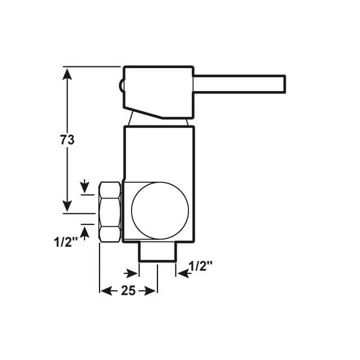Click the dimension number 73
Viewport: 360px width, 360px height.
point(67,140)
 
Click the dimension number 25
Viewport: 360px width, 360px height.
point(128,291)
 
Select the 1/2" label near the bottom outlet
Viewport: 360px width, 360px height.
point(200,266)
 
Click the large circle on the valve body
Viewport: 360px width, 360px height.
point(160,210)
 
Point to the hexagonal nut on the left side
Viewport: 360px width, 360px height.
point(110,211)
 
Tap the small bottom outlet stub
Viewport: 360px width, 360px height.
point(157,251)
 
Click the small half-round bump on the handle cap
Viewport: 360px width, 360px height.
point(121,85)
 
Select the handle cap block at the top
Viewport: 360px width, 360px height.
point(159,92)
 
